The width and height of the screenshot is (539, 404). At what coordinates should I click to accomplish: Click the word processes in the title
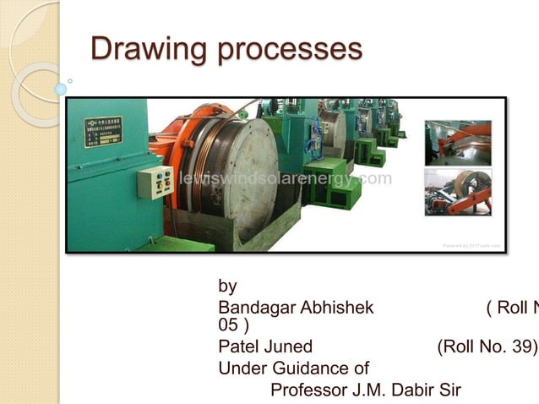[x=290, y=49]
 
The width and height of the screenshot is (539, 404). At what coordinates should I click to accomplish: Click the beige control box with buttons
[x=155, y=182]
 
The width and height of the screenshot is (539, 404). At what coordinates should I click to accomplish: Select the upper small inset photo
[x=458, y=143]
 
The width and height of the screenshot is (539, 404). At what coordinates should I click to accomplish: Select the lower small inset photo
[x=458, y=192]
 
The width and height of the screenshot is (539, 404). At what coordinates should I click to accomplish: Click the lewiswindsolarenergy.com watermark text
[x=285, y=179]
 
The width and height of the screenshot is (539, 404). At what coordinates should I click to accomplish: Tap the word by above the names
[x=227, y=287]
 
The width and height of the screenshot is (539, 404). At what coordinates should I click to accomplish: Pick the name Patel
[x=237, y=347]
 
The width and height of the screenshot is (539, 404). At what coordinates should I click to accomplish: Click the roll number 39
[x=519, y=347]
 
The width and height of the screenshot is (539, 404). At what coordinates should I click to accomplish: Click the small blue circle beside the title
[x=61, y=88]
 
